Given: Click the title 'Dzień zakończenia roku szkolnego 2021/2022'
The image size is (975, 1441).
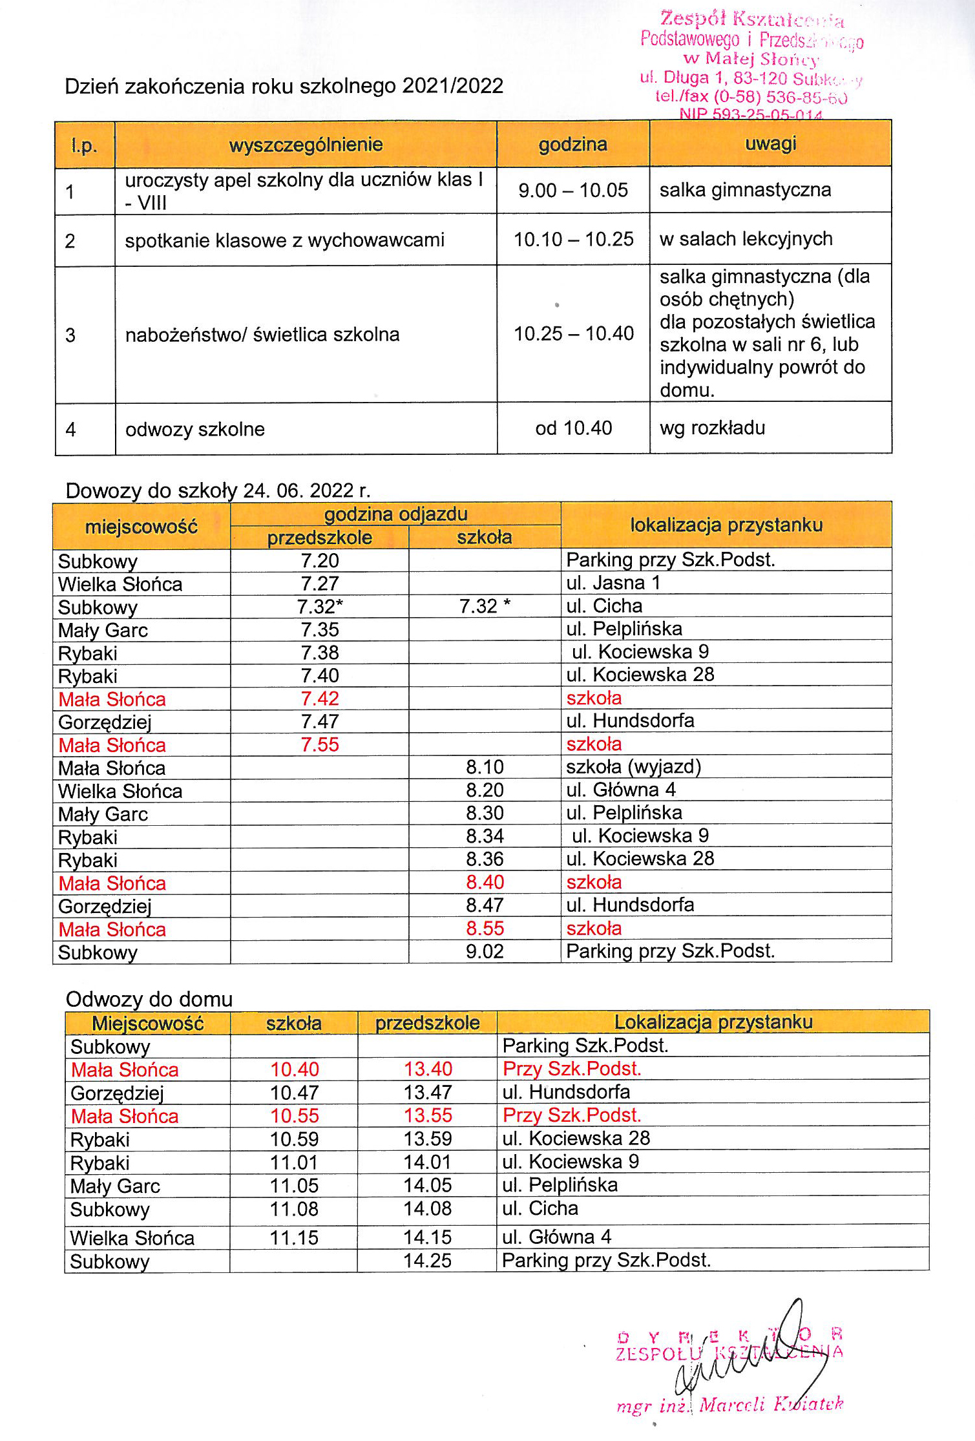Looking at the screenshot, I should click(284, 87).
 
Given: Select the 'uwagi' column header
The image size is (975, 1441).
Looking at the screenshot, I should click(770, 143).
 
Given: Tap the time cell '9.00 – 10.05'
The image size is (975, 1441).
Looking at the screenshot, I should click(573, 190).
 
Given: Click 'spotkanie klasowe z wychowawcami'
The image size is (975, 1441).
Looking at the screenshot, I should click(284, 240).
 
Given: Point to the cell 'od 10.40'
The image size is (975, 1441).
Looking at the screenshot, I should click(573, 428).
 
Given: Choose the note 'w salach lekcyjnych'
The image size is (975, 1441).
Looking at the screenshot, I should click(746, 239).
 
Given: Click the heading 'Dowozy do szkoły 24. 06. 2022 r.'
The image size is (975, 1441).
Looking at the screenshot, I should click(218, 490).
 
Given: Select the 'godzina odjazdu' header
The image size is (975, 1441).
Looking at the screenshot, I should click(395, 514).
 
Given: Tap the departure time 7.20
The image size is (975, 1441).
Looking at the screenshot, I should click(320, 560).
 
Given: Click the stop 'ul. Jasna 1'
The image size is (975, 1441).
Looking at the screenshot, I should click(613, 583).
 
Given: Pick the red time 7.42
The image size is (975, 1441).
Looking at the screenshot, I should click(320, 699).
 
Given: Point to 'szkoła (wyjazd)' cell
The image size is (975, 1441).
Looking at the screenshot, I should click(633, 767).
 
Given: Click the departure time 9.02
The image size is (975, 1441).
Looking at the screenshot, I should click(485, 951).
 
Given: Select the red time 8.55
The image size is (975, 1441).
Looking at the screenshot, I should click(485, 929).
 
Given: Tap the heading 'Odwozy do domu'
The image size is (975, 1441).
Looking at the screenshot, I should click(149, 999).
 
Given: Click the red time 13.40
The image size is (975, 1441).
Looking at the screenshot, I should click(428, 1069).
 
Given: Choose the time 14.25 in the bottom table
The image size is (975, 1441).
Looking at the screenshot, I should click(428, 1260).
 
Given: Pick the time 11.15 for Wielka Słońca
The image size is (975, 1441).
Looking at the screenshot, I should click(294, 1237).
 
